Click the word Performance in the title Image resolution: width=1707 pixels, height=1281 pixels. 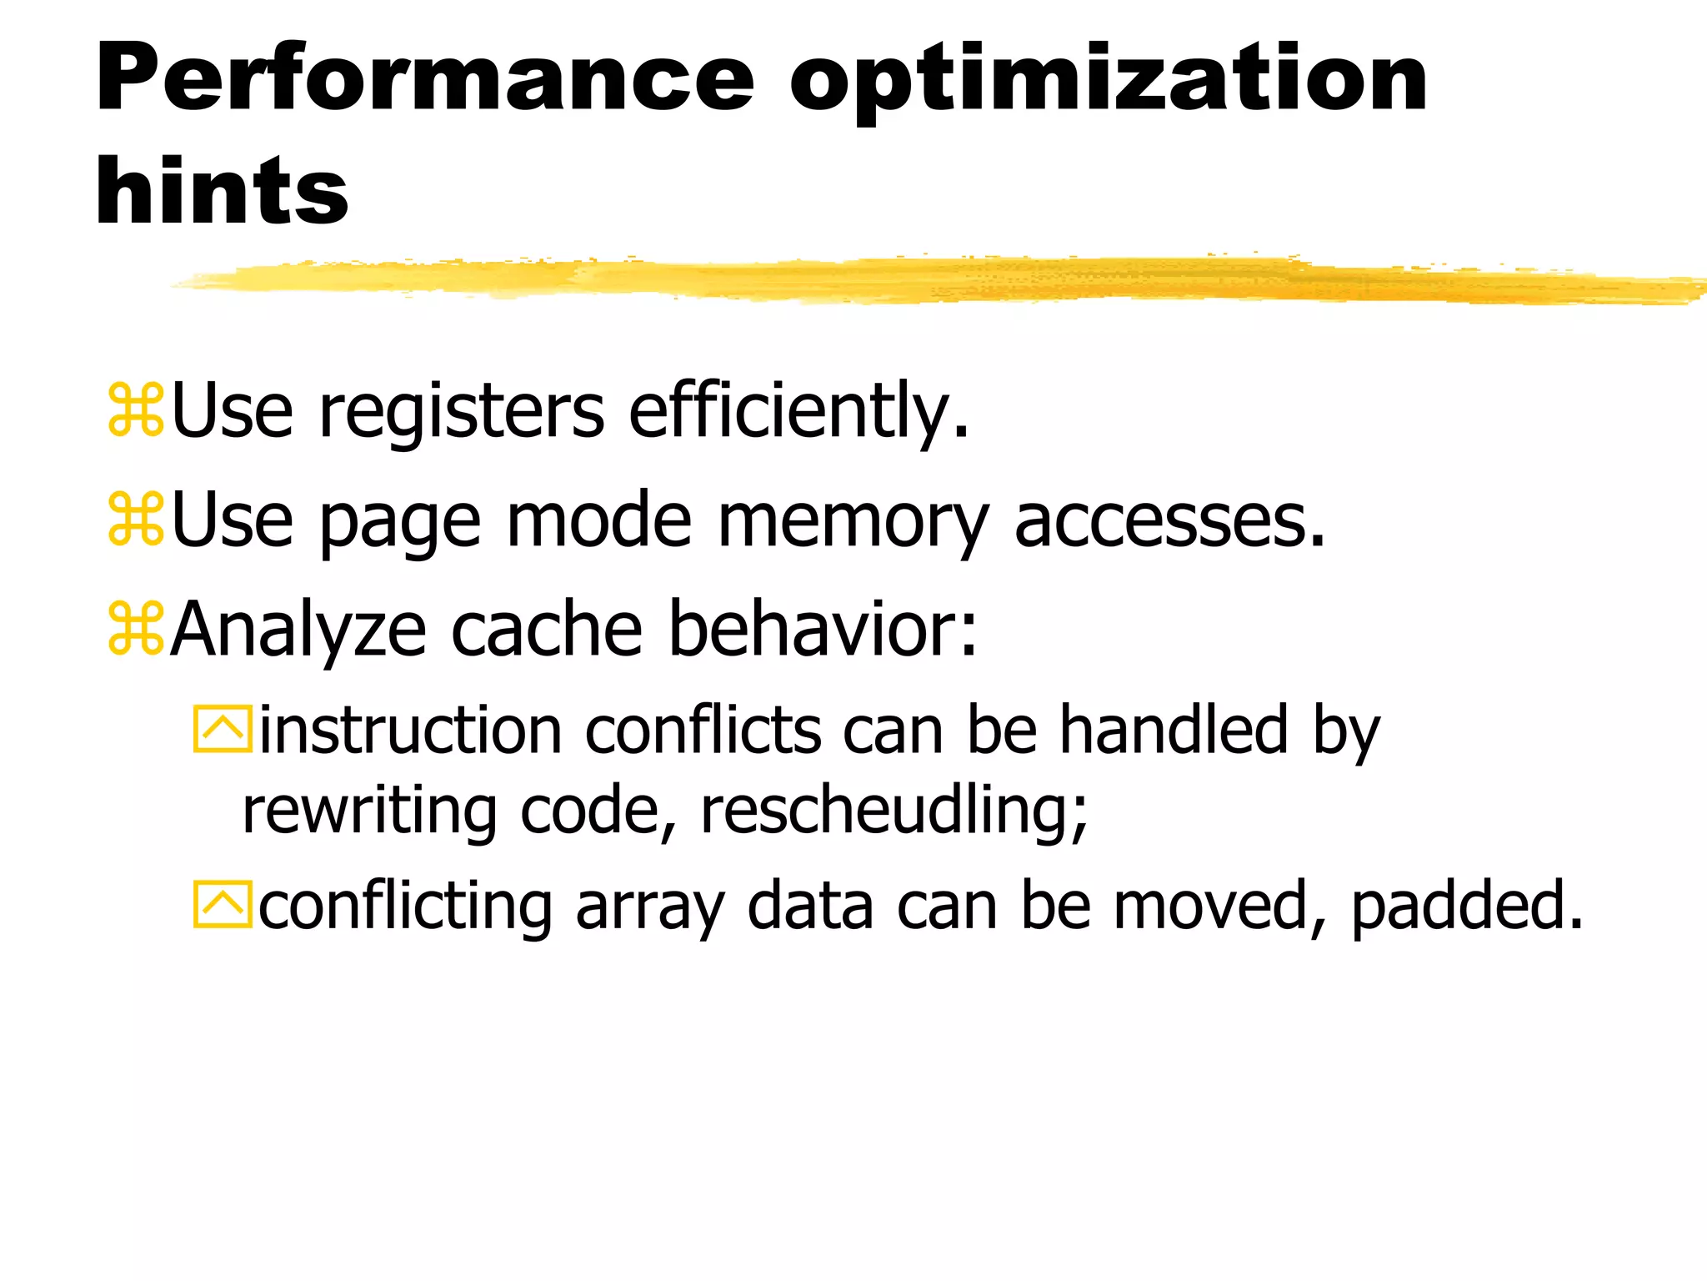pos(425,79)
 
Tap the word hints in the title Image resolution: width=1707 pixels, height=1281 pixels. pos(222,191)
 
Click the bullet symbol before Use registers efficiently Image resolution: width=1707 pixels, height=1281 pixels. pos(135,410)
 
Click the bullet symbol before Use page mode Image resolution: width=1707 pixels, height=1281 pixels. pos(135,520)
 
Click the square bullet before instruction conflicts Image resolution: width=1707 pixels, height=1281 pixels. pos(222,730)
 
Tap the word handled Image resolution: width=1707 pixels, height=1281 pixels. pos(1174,730)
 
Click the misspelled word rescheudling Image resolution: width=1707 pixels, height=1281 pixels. pos(894,811)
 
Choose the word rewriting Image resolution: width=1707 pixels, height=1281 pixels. pos(369,811)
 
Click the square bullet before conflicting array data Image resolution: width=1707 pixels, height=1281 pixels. pos(222,905)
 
